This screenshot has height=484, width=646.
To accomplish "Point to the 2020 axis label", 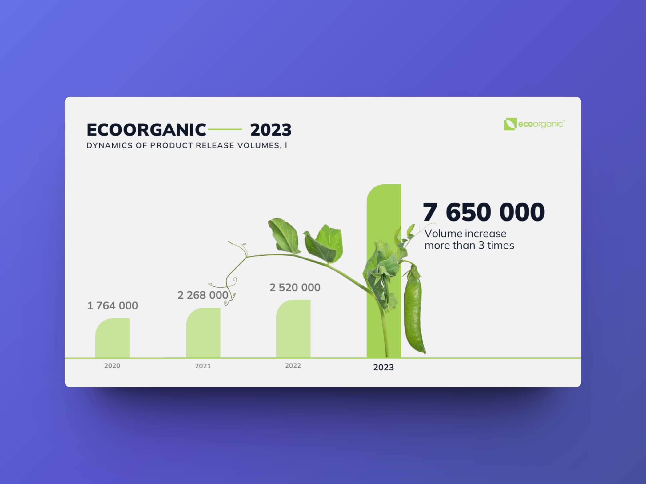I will point(112,366).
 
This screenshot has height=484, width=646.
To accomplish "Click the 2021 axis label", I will point(203,366).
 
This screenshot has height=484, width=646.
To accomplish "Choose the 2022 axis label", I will point(293,366).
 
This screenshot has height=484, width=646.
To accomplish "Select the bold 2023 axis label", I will point(383,367).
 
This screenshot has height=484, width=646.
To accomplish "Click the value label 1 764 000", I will point(113,306).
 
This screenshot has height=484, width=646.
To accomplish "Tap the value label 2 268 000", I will point(203,295).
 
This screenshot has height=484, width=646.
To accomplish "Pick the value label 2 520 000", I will point(295,288).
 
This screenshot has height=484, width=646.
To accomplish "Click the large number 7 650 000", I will point(484,212).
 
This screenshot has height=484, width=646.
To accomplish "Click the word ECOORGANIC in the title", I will point(146,130).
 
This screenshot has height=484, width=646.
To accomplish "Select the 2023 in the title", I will point(271,130).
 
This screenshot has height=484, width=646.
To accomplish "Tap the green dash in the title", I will point(225,130).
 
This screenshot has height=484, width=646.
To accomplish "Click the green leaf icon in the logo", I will point(510,124).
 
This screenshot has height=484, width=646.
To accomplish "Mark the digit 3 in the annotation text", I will point(481,246).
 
